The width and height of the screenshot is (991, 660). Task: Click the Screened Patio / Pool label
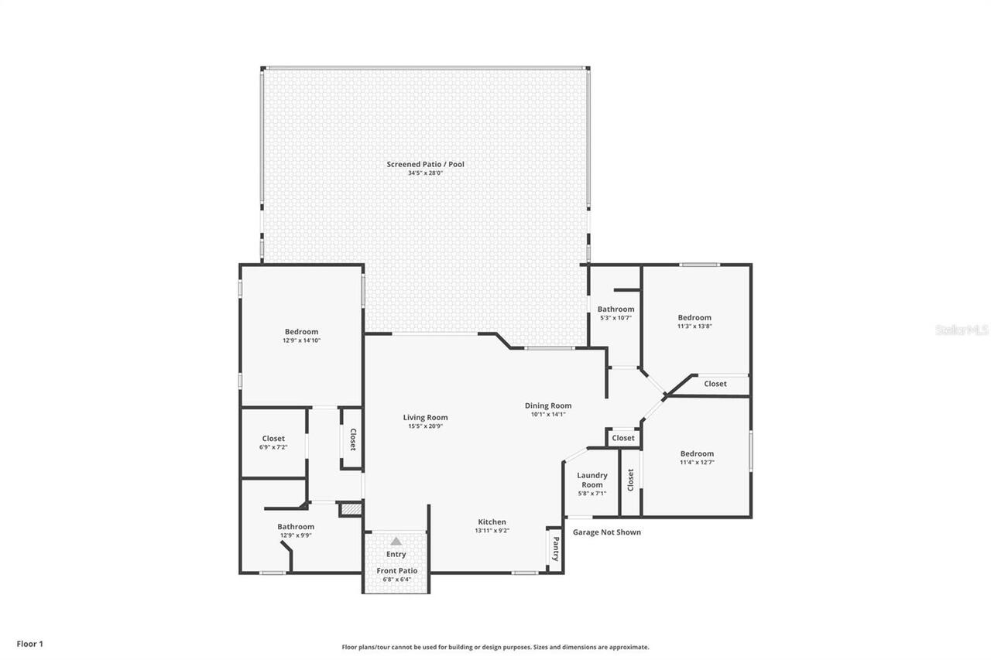(425, 164)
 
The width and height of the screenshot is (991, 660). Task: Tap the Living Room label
(425, 418)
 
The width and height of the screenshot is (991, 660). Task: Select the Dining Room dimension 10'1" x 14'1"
(548, 414)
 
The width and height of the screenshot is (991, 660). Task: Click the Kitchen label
(492, 522)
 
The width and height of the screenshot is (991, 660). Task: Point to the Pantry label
(555, 550)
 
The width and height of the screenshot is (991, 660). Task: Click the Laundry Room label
(592, 480)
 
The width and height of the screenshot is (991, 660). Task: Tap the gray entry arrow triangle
(396, 542)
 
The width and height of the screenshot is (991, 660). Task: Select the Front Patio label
(396, 571)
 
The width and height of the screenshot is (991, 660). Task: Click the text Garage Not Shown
(606, 532)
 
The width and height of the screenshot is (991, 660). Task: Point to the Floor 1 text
(30, 644)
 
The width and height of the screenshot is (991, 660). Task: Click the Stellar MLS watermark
(962, 330)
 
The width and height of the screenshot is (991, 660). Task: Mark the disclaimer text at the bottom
(495, 647)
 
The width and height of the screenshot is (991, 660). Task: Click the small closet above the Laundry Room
(623, 438)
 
